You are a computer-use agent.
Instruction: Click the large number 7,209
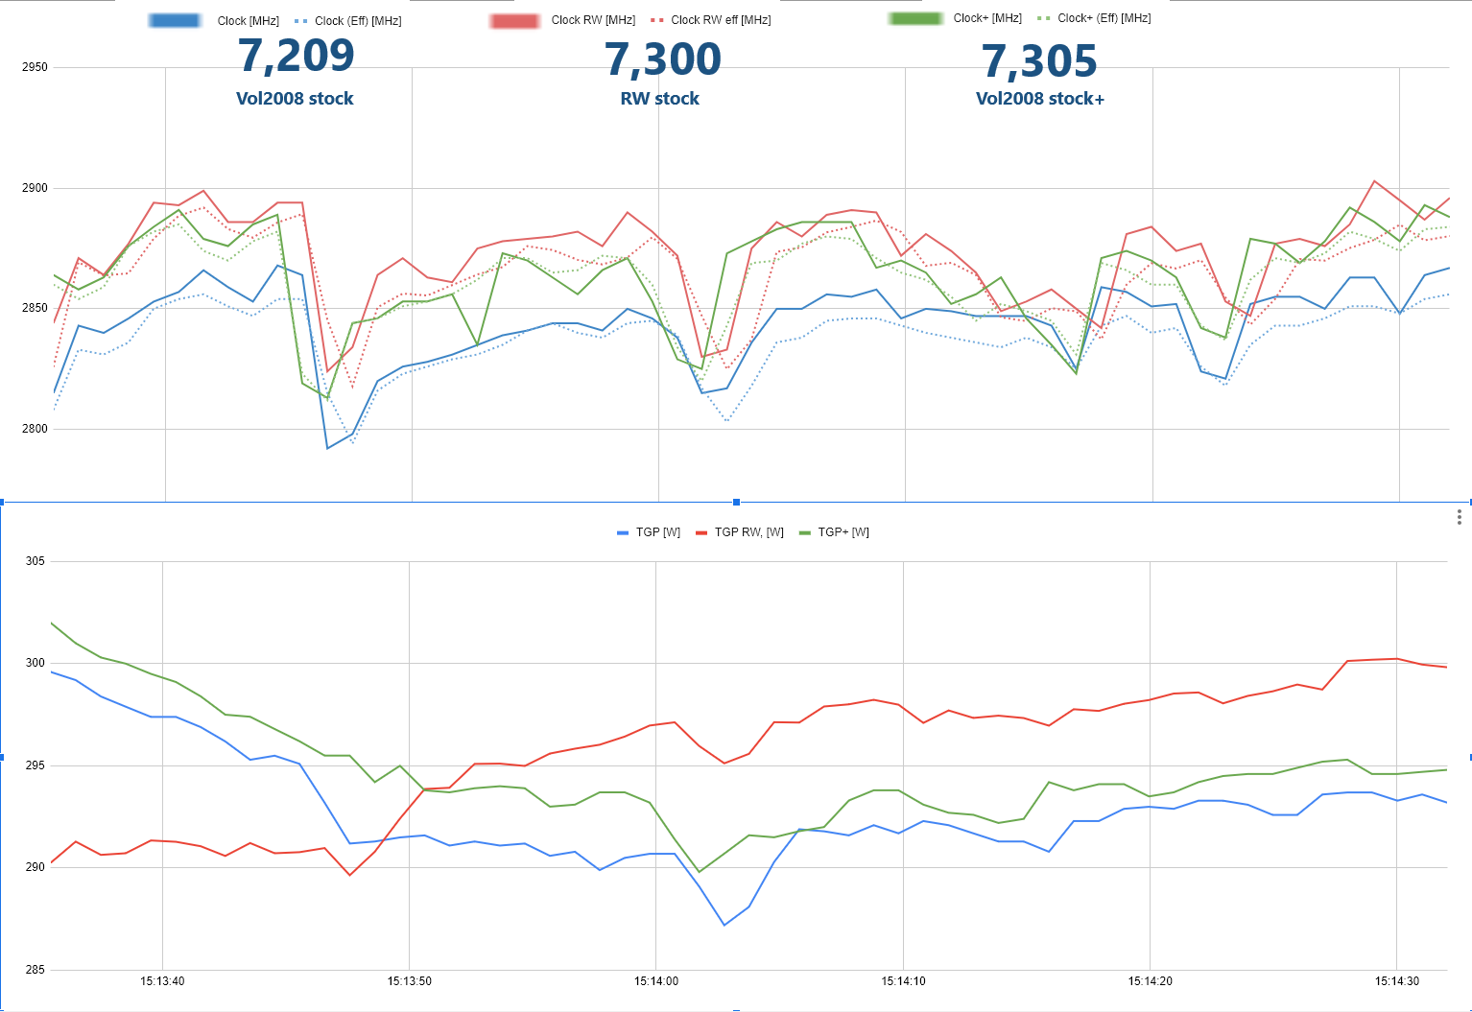296,57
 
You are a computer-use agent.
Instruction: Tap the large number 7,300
663,60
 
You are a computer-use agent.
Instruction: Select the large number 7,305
1039,62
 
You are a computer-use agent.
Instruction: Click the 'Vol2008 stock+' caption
1039,99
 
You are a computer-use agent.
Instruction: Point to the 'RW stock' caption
660,99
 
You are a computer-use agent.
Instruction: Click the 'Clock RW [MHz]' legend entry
593,20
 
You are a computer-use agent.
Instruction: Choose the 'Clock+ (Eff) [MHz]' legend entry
1104,18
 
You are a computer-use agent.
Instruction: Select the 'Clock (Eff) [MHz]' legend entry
357,21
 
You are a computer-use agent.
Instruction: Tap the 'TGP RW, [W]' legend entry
748,532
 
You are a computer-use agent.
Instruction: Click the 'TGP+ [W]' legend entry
843,532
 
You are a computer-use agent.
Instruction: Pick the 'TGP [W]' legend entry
657,532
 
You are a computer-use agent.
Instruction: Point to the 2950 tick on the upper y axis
35,67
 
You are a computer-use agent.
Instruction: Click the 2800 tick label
35,429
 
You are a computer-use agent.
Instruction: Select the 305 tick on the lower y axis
35,561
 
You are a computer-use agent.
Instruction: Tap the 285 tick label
35,970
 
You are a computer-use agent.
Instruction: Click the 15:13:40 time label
162,981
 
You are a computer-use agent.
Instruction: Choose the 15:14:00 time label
656,981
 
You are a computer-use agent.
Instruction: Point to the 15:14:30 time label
1396,981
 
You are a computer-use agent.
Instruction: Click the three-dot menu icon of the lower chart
1459,517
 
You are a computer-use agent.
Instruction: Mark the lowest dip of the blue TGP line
724,925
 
